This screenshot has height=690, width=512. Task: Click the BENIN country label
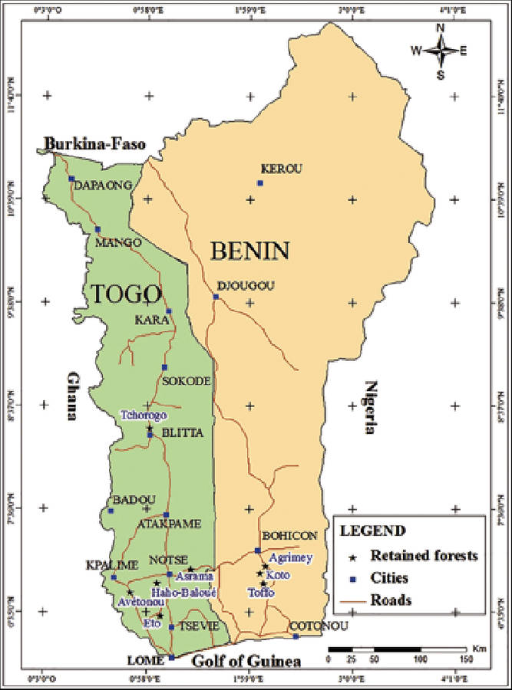click(249, 251)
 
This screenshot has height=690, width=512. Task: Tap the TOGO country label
click(127, 294)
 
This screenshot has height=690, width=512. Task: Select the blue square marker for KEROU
click(260, 183)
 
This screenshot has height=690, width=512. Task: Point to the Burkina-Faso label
click(94, 143)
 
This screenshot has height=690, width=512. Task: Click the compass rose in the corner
click(441, 51)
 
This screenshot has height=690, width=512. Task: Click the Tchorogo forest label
click(143, 415)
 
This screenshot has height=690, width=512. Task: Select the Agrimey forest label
click(287, 560)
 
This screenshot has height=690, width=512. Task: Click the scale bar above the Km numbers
click(396, 649)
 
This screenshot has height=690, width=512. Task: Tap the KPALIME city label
click(113, 564)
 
